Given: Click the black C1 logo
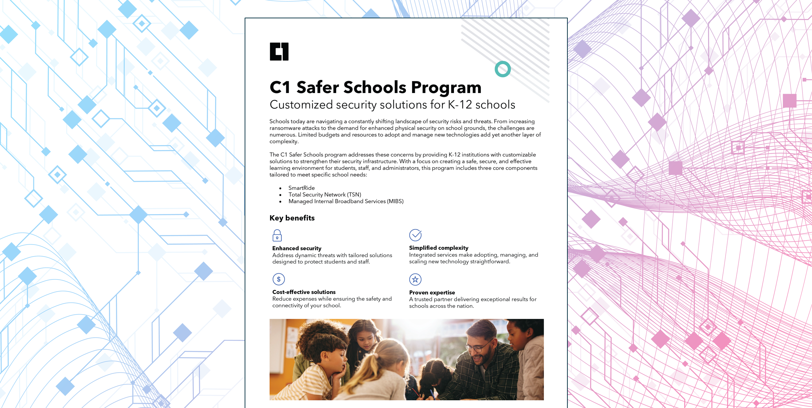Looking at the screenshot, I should tap(279, 51).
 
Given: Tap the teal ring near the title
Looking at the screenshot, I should tap(503, 69).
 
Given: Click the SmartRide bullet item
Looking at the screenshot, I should tap(301, 188).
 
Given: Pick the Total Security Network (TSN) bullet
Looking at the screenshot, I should tap(325, 194).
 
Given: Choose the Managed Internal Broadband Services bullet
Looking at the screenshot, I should tap(346, 201).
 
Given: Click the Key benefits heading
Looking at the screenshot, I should tap(292, 218).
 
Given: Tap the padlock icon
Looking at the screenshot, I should tap(277, 235).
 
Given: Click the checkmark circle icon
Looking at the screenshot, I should tap(415, 235).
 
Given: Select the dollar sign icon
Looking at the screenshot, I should tap(278, 279).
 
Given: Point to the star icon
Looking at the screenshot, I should tap(415, 280).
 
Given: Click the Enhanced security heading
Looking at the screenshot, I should tap(297, 248).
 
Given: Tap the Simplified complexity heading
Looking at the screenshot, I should tap(438, 248).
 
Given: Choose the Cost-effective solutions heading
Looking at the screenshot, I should tap(304, 292).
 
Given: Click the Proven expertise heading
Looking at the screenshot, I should tap(432, 292).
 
